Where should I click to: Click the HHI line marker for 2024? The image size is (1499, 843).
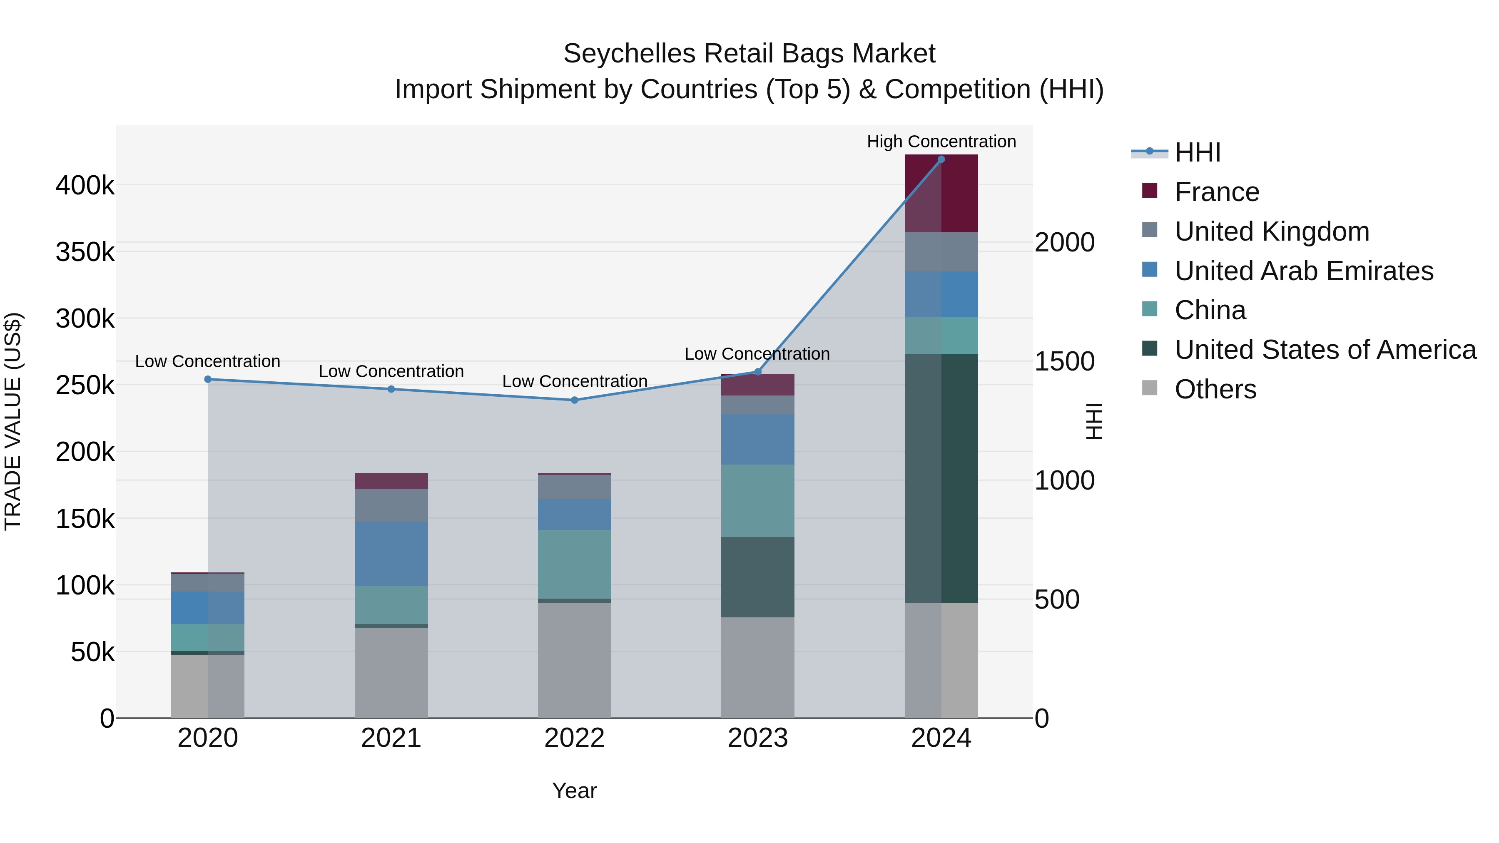[x=941, y=159]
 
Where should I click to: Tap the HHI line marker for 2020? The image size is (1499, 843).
[x=208, y=379]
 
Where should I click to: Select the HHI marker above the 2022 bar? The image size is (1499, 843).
[x=574, y=400]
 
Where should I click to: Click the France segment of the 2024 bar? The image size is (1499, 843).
[x=941, y=194]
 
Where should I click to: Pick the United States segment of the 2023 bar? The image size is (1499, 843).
[x=758, y=577]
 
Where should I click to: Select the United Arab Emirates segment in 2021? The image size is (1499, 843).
[x=391, y=554]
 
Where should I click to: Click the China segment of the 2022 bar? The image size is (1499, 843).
[x=574, y=564]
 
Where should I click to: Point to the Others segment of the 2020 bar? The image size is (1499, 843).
[x=208, y=686]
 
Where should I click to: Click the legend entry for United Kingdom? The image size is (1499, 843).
[x=1272, y=231]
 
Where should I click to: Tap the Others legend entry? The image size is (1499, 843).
[x=1215, y=389]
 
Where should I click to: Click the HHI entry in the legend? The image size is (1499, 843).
[x=1197, y=152]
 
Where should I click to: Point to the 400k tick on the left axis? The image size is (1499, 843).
[x=85, y=186]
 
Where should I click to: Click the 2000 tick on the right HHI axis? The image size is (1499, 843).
[x=1064, y=243]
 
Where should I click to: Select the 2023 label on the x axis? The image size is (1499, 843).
[x=758, y=738]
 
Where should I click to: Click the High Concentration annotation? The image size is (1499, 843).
[x=941, y=142]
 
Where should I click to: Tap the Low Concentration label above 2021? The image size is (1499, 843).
[x=391, y=371]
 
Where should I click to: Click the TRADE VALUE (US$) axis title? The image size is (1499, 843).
[x=13, y=422]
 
